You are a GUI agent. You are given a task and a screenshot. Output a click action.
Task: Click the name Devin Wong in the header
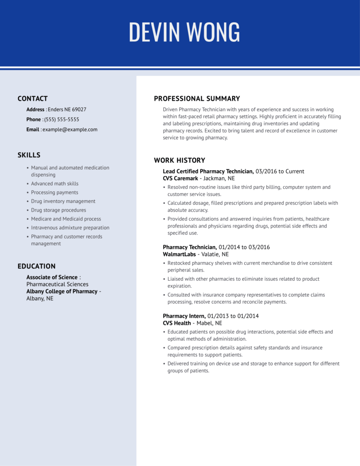[x=184, y=32]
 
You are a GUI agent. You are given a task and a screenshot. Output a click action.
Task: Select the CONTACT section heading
[x=32, y=99]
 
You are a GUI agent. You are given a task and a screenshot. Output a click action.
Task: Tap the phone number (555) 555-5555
[x=61, y=120]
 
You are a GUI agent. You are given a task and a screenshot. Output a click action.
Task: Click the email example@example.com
[x=70, y=130]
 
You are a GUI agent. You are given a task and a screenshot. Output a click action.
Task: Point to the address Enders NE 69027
[x=67, y=110]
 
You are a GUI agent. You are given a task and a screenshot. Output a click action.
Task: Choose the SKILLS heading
[x=29, y=155]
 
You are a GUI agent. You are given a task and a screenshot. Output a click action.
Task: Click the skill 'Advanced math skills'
[x=55, y=184]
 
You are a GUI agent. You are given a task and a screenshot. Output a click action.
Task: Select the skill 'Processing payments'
[x=55, y=192]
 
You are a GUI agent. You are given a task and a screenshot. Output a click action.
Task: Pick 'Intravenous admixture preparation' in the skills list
[x=70, y=228]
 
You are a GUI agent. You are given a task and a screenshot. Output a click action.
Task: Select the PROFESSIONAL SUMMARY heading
[x=197, y=99]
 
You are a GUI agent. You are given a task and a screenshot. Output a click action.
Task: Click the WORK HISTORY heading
[x=179, y=161]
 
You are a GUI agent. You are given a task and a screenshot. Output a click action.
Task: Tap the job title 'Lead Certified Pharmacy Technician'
[x=208, y=172]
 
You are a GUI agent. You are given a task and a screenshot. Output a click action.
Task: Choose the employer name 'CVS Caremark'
[x=180, y=179]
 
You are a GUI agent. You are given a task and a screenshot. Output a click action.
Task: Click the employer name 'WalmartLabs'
[x=179, y=255]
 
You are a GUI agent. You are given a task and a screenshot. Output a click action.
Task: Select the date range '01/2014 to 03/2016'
[x=244, y=248]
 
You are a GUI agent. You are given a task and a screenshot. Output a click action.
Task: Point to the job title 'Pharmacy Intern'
[x=183, y=316]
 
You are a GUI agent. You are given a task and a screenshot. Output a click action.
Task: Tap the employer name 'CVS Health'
[x=177, y=324]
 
